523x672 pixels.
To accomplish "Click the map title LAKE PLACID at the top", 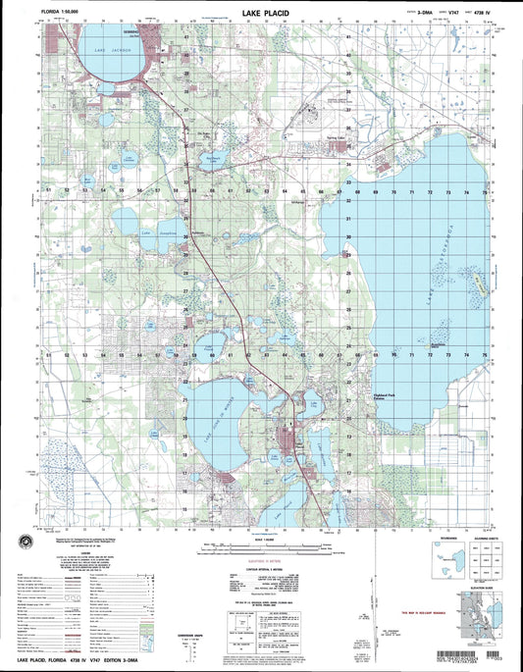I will click(265, 16).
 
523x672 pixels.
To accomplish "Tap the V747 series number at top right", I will click(419, 17).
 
